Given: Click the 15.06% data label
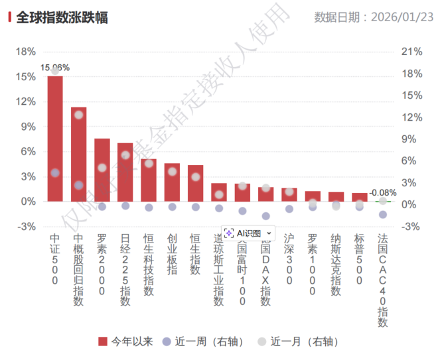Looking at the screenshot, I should pos(55,68).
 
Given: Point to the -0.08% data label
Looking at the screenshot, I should pos(382,193).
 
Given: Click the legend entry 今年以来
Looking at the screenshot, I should pos(125,341).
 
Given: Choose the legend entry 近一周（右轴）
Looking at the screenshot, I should pos(202,341).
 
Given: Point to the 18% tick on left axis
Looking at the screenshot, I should pos(25,52).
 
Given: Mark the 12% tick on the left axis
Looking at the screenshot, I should pos(25,101).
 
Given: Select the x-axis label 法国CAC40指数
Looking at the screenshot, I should pos(382,278).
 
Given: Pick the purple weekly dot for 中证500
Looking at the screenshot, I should pos(55,173).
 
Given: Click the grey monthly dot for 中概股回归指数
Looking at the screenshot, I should pos(78,115).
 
